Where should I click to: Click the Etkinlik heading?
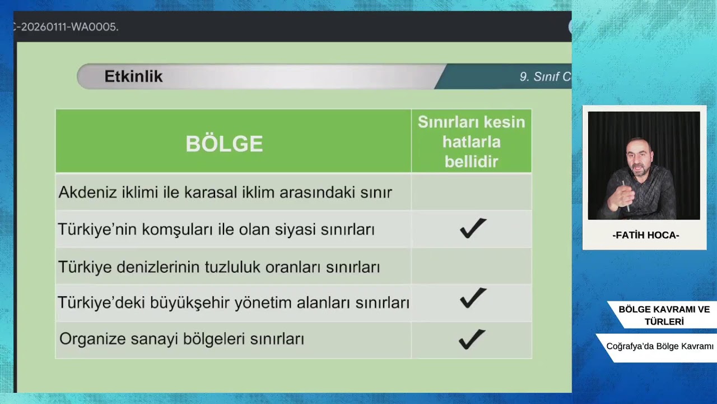(x=133, y=77)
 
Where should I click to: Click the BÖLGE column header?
(x=224, y=144)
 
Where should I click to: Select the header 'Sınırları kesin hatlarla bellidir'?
(x=471, y=142)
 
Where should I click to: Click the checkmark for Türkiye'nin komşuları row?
(x=473, y=228)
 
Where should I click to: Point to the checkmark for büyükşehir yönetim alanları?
(x=473, y=298)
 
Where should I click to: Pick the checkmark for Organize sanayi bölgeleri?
(x=472, y=339)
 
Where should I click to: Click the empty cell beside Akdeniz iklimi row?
(x=471, y=192)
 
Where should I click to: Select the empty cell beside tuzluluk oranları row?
(x=471, y=267)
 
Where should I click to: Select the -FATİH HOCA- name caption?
(x=645, y=236)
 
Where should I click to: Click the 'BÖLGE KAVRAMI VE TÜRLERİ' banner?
(x=664, y=315)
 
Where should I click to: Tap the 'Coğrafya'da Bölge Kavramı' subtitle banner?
(x=659, y=347)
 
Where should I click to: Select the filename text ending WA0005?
(x=67, y=27)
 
